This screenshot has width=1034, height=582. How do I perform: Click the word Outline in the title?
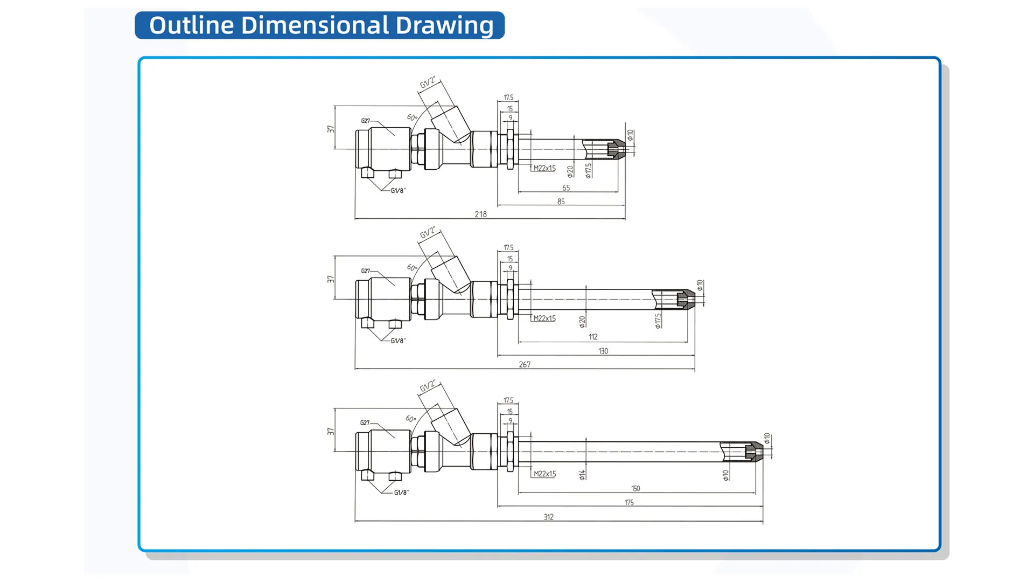[x=191, y=25]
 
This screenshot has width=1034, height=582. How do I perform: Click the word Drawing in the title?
[x=444, y=25]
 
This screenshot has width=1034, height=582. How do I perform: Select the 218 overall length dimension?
[x=480, y=214]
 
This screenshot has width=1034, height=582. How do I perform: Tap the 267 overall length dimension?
[x=525, y=364]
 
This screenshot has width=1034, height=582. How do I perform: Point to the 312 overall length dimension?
[x=548, y=517]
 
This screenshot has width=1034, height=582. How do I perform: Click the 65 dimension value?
[x=565, y=188]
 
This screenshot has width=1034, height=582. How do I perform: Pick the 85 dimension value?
[x=561, y=202]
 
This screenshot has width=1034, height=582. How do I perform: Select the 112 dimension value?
[x=592, y=337]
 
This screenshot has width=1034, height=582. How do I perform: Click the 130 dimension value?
[x=603, y=351]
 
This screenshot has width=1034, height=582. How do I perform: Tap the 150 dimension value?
[x=635, y=488]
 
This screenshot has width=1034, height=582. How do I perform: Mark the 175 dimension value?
[x=628, y=502]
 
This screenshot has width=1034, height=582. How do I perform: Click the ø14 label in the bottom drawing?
[x=582, y=474]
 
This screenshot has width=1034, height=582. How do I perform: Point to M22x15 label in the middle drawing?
[x=544, y=318]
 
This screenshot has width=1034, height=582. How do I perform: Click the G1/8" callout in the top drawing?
[x=398, y=191]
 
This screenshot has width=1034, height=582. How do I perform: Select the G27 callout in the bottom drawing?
[x=365, y=423]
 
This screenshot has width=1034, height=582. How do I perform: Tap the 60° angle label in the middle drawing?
[x=412, y=267]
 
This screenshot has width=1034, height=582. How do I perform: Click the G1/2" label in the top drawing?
[x=428, y=82]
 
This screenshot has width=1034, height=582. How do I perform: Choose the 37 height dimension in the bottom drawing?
[x=330, y=432]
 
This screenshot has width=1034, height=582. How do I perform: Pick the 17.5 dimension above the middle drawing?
[x=508, y=247]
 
